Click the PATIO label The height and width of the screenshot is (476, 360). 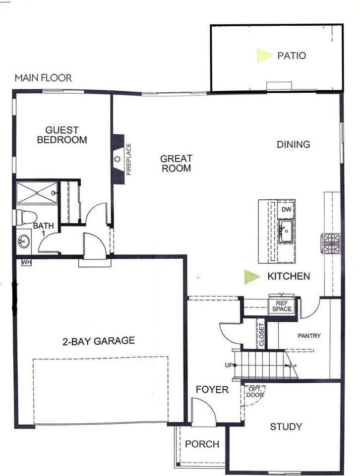(x=291, y=56)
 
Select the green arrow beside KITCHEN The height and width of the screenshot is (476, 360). (x=251, y=277)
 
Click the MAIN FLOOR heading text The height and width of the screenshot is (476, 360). (x=43, y=78)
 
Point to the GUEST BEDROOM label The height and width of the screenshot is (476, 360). (x=62, y=135)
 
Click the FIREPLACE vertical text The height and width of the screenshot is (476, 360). (x=128, y=159)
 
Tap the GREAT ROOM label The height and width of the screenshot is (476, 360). (x=176, y=164)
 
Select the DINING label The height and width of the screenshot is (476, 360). (x=293, y=144)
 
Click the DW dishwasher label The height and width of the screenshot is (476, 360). (x=286, y=210)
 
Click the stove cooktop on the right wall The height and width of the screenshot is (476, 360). (x=331, y=243)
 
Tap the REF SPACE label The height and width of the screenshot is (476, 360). (x=282, y=305)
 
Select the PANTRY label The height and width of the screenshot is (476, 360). (x=309, y=336)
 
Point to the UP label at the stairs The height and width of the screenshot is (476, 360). (x=229, y=365)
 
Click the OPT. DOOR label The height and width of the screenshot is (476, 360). (x=254, y=392)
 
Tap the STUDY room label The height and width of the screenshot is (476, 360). (x=286, y=426)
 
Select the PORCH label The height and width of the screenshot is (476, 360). (x=202, y=444)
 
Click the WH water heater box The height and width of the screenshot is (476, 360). (x=26, y=262)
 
